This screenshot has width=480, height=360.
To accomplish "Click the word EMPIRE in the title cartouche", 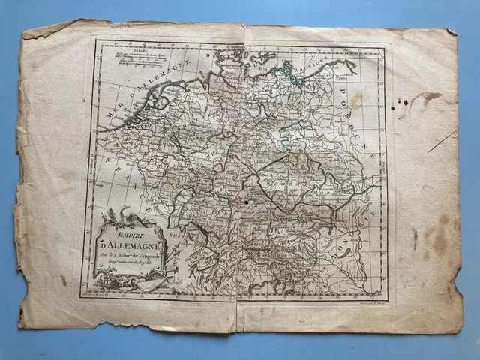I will (x=118, y=232).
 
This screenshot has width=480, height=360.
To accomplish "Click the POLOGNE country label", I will (x=369, y=105).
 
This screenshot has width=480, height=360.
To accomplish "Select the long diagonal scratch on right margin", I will (x=442, y=142).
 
